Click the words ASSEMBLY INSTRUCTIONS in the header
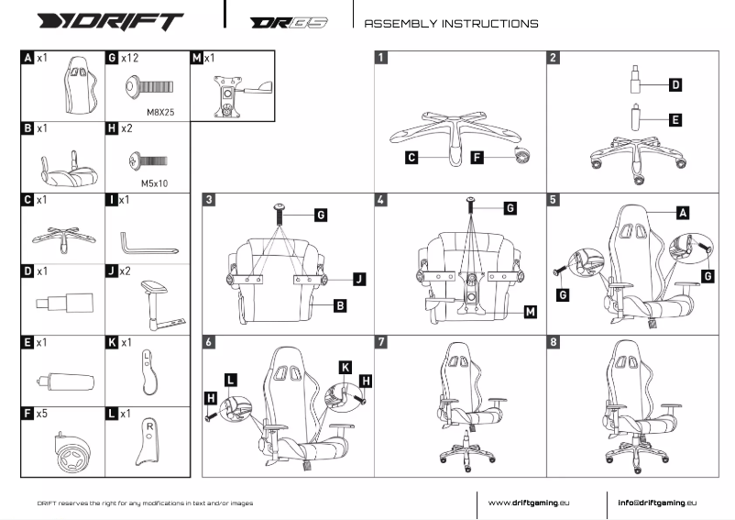(x=451, y=23)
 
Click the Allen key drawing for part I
(x=147, y=241)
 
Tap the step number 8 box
(x=553, y=342)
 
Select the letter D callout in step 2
(x=675, y=85)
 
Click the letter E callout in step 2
(x=675, y=119)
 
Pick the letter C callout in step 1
(x=412, y=158)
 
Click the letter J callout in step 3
(x=358, y=277)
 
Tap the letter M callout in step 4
(x=530, y=312)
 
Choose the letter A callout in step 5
(x=682, y=212)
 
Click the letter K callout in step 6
(x=346, y=367)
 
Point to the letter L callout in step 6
(x=230, y=378)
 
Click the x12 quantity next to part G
(x=129, y=58)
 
